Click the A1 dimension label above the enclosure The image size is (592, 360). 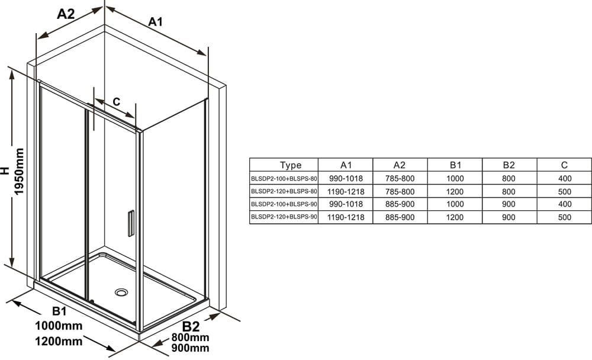click(155, 21)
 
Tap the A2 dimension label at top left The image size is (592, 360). click(66, 14)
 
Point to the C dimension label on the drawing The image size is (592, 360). click(116, 101)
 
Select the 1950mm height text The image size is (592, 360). click(19, 172)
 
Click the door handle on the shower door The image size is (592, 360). click(131, 223)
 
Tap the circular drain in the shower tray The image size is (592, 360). click(121, 292)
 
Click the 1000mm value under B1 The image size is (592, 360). click(59, 326)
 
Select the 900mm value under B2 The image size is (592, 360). click(190, 348)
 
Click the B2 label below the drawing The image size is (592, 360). click(191, 326)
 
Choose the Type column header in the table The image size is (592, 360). click(291, 165)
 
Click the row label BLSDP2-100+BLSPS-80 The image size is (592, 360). click(284, 178)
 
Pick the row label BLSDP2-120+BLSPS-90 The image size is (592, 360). click(284, 217)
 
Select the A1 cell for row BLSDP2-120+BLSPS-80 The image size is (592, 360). click(346, 191)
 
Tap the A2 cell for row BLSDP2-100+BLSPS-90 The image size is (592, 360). click(400, 204)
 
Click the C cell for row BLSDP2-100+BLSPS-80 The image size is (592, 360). click(564, 178)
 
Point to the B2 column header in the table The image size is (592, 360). click(509, 165)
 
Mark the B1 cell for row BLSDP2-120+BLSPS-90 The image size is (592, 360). click(455, 217)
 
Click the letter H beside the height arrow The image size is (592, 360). click(5, 171)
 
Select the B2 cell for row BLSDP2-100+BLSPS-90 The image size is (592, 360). click(509, 204)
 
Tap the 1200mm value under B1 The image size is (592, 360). click(59, 342)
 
